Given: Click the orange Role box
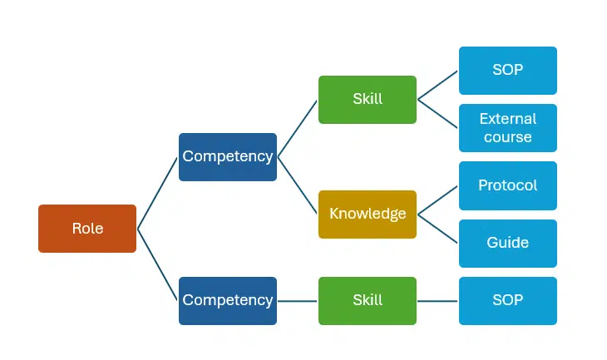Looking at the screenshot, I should [x=87, y=229].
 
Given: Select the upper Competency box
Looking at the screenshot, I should [x=227, y=156].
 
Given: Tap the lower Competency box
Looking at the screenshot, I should [x=227, y=300].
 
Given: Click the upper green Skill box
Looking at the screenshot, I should [x=367, y=99].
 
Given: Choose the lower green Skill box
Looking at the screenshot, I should [x=367, y=300].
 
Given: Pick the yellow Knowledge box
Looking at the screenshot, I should [x=367, y=214].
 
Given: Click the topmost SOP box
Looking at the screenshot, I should [x=507, y=70].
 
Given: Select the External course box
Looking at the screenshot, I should [x=507, y=127].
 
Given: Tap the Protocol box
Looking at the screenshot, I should [x=507, y=185].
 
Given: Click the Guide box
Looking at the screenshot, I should [x=507, y=243].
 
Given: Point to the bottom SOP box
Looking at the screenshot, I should [x=507, y=300].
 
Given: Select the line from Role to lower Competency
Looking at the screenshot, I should [x=158, y=264].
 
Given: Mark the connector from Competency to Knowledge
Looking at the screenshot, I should [x=298, y=185].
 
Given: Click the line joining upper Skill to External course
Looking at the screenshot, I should [x=438, y=113].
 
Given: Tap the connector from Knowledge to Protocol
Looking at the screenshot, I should [x=438, y=200].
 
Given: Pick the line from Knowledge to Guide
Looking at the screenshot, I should [x=438, y=229].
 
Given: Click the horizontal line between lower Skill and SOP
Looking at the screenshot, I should [x=438, y=300].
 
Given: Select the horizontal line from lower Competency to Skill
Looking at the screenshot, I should [x=298, y=300].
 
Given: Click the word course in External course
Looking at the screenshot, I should [x=507, y=137].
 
